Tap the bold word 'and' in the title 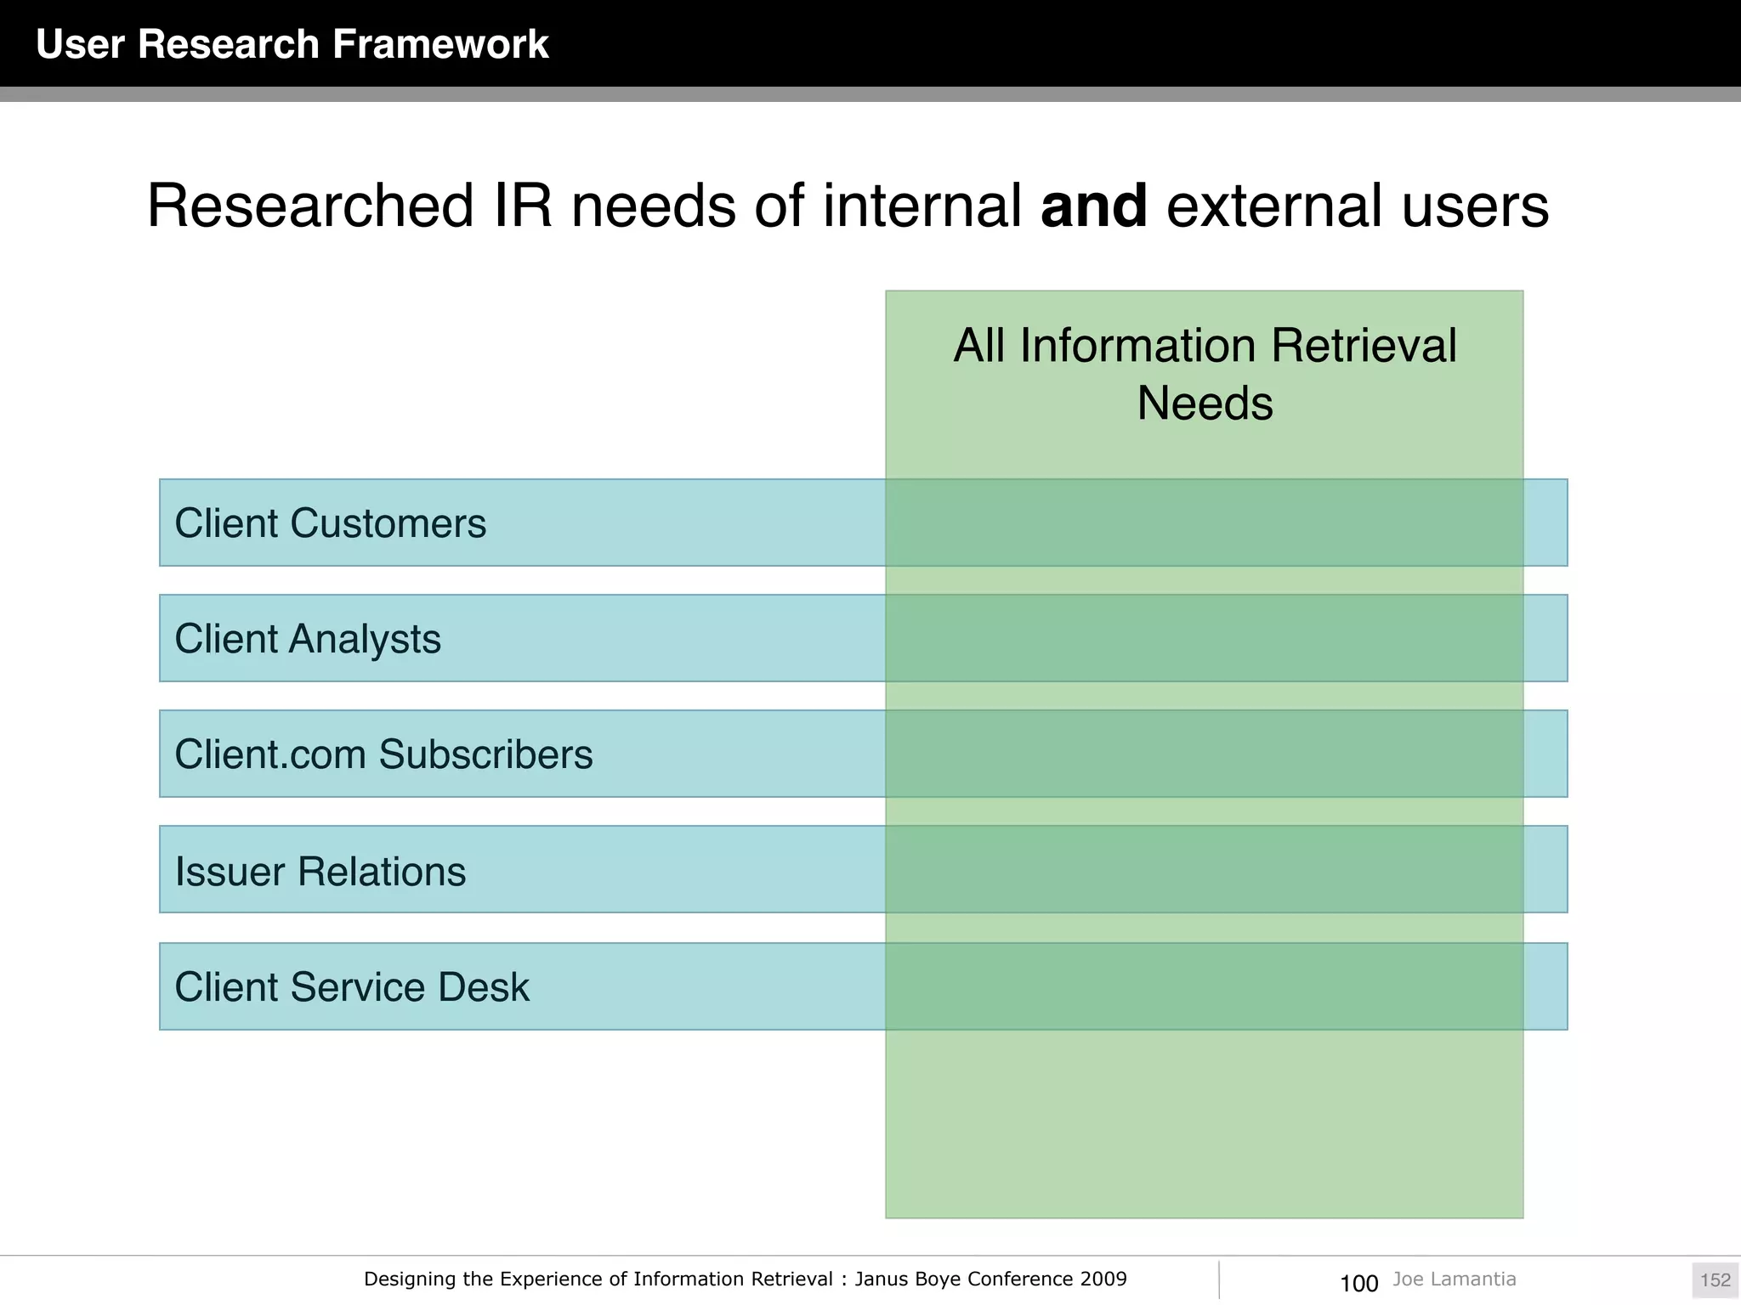coord(1093,206)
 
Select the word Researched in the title coord(310,206)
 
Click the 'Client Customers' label coord(330,523)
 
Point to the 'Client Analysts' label coord(308,639)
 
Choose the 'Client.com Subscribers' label coord(383,754)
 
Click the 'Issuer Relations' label coord(320,872)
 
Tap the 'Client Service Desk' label coord(352,987)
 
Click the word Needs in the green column coord(1205,403)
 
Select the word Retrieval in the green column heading coord(1364,346)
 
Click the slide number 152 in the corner coord(1715,1280)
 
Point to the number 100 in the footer coord(1358,1283)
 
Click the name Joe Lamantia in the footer coord(1454,1279)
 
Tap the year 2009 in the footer coord(1103,1279)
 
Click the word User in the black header coord(81,44)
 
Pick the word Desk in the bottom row coord(492,987)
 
